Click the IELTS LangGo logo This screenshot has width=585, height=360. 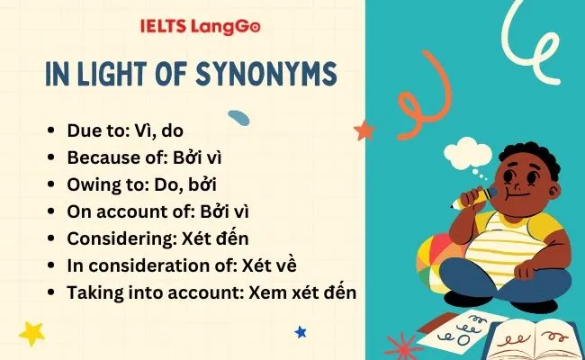click(200, 27)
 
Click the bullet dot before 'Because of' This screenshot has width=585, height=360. click(52, 157)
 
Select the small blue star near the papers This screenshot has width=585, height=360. click(301, 332)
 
